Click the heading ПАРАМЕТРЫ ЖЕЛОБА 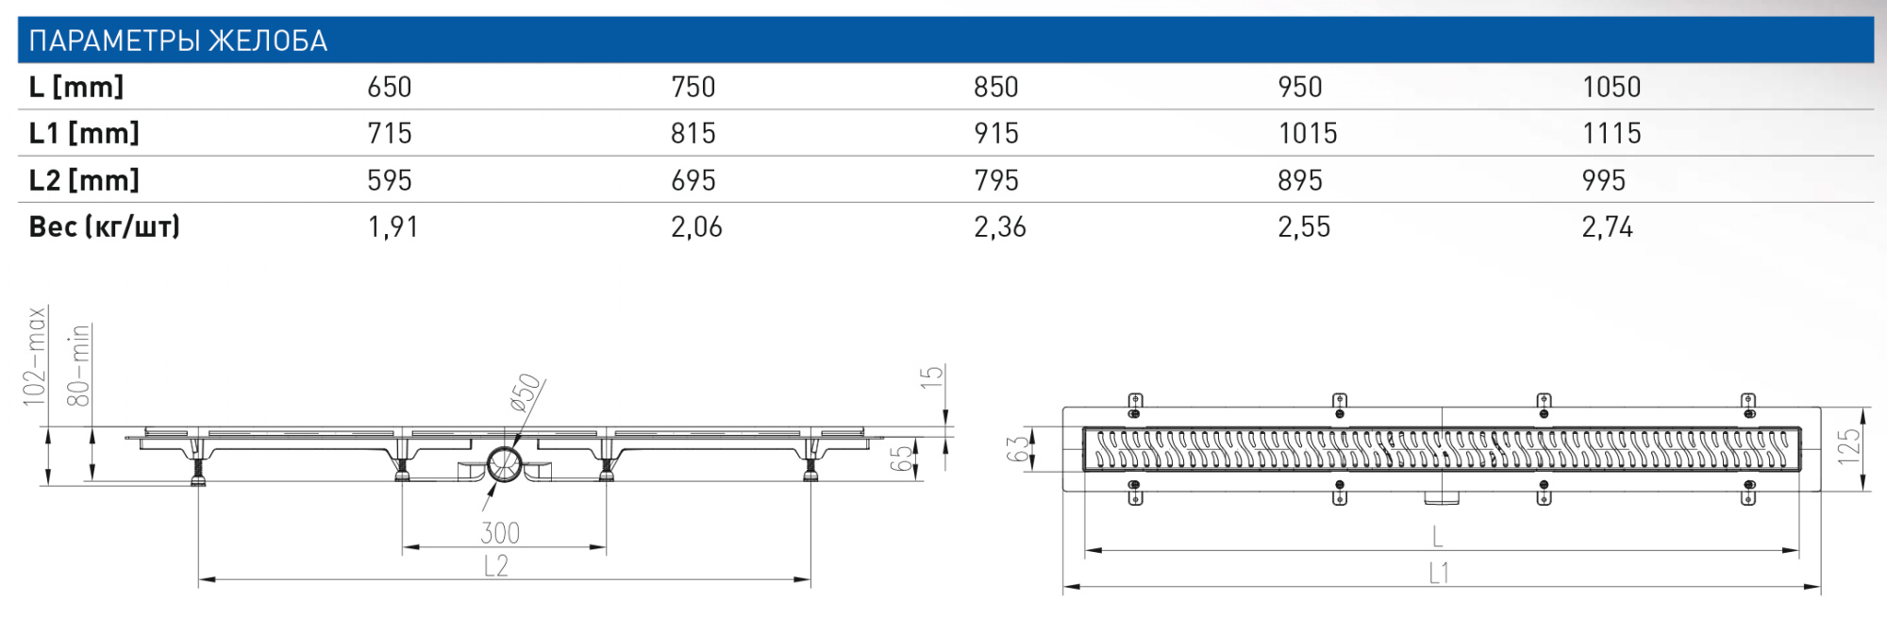pyautogui.click(x=177, y=41)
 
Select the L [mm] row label pyautogui.click(x=76, y=87)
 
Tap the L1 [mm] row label pyautogui.click(x=84, y=133)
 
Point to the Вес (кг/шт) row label pyautogui.click(x=104, y=226)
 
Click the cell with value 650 pyautogui.click(x=389, y=87)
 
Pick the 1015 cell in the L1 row pyautogui.click(x=1307, y=133)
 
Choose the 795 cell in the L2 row pyautogui.click(x=995, y=180)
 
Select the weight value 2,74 pyautogui.click(x=1606, y=226)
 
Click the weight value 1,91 pyautogui.click(x=392, y=226)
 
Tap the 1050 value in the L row pyautogui.click(x=1611, y=87)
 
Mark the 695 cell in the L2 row pyautogui.click(x=693, y=180)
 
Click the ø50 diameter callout pyautogui.click(x=526, y=392)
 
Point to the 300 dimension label pyautogui.click(x=499, y=533)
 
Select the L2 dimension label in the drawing pyautogui.click(x=495, y=566)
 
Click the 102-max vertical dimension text pyautogui.click(x=35, y=357)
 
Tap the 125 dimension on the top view pyautogui.click(x=1848, y=446)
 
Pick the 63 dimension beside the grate pyautogui.click(x=1017, y=449)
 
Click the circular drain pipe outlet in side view pyautogui.click(x=504, y=463)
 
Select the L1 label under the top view pyautogui.click(x=1438, y=573)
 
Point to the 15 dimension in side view pyautogui.click(x=930, y=377)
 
